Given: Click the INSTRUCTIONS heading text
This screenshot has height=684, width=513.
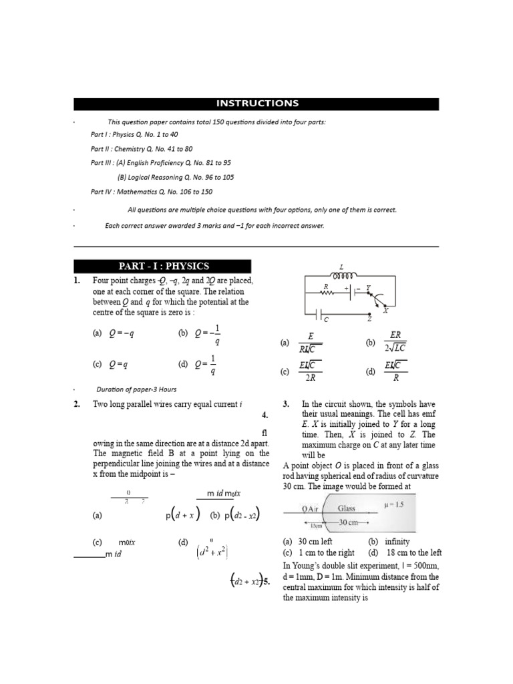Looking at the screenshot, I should (256, 104).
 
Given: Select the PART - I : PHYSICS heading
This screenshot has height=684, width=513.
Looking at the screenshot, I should (162, 266).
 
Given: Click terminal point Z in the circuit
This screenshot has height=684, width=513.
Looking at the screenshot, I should (369, 313).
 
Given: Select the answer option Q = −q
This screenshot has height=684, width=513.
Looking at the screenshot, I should (122, 333).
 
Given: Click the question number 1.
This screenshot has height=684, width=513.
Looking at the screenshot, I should (77, 281).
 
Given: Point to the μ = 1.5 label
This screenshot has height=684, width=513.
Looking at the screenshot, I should (393, 504).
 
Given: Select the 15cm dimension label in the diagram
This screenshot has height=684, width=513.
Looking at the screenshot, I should (315, 526).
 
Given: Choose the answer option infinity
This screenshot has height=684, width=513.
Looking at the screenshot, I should (397, 542).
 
